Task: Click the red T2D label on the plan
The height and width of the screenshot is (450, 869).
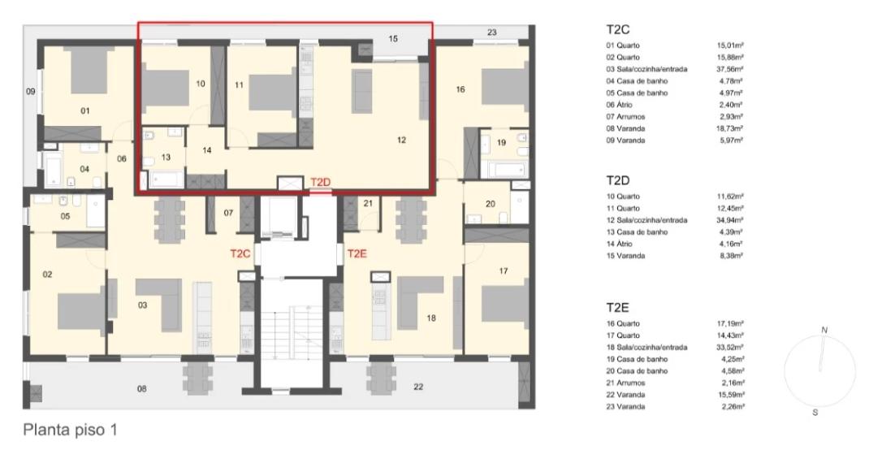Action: (x=320, y=182)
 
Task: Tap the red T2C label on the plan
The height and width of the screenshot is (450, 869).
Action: (x=240, y=253)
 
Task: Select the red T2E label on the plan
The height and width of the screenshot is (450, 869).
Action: (x=357, y=253)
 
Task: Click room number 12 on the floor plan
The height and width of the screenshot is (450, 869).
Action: (x=402, y=141)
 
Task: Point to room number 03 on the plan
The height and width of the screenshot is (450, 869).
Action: (x=142, y=305)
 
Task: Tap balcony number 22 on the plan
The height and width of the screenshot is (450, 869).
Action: (x=418, y=387)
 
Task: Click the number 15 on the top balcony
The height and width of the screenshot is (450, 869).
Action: (x=393, y=39)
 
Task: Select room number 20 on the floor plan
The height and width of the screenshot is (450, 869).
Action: (x=490, y=204)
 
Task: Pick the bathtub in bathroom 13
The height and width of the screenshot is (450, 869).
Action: (x=166, y=179)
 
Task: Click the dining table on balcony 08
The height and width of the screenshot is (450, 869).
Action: (x=197, y=378)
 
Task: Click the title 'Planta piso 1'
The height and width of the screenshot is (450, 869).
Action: (x=71, y=430)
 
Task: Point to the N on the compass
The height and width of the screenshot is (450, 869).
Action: (x=824, y=331)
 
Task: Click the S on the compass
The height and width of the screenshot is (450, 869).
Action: (x=815, y=413)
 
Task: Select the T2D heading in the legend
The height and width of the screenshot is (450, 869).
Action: (x=618, y=180)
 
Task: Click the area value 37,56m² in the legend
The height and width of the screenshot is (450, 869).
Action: (x=729, y=69)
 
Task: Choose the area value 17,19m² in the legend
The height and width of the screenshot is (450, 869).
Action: (x=729, y=323)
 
